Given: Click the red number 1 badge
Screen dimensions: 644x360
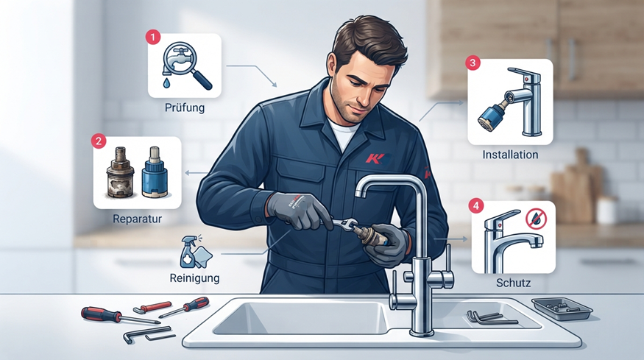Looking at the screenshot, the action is (x=153, y=38).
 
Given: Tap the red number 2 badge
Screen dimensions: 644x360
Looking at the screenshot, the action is (x=99, y=141).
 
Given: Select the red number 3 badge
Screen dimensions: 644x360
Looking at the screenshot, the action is (x=473, y=63).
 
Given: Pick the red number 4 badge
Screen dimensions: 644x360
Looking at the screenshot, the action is (x=476, y=205).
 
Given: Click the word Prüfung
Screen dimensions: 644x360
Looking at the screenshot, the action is (x=185, y=108).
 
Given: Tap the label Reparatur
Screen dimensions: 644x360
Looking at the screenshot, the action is (x=137, y=219).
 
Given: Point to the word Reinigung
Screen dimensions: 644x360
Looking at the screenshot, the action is (x=195, y=278).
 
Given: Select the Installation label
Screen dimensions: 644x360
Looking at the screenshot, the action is (x=510, y=155).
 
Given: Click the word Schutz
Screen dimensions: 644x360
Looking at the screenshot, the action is (x=514, y=283).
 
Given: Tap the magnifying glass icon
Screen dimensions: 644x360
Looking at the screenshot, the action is (x=187, y=66).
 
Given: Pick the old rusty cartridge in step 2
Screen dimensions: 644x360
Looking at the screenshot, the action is (x=121, y=173).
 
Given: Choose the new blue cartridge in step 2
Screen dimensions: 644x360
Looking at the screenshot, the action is (x=155, y=172).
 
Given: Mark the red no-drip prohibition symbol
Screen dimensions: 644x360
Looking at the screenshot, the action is (x=536, y=218).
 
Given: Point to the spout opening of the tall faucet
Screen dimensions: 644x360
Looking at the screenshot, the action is (x=361, y=194).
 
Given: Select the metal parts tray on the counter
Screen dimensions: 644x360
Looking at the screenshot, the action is (x=562, y=309).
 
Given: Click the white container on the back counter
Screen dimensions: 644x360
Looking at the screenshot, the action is (x=607, y=210).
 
